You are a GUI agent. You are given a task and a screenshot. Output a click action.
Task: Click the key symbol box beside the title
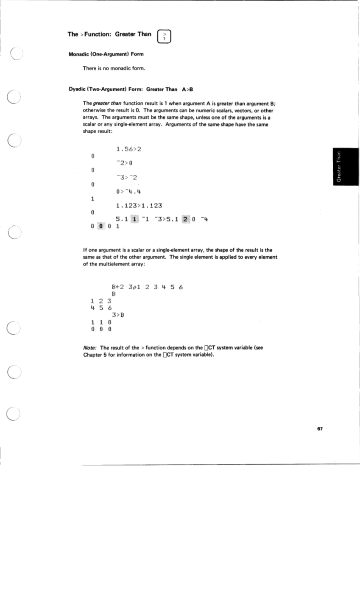(x=164, y=36)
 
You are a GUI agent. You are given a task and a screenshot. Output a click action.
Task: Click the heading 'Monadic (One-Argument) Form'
(x=106, y=54)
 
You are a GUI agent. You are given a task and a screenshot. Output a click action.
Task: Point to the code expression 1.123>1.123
(x=139, y=206)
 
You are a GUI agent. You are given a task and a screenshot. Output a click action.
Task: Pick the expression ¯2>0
(x=126, y=163)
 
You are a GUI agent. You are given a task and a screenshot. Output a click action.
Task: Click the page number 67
(x=320, y=429)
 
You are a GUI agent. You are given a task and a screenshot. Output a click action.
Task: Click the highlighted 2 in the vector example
(x=186, y=219)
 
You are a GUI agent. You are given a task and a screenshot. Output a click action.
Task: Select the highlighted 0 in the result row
(x=101, y=227)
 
